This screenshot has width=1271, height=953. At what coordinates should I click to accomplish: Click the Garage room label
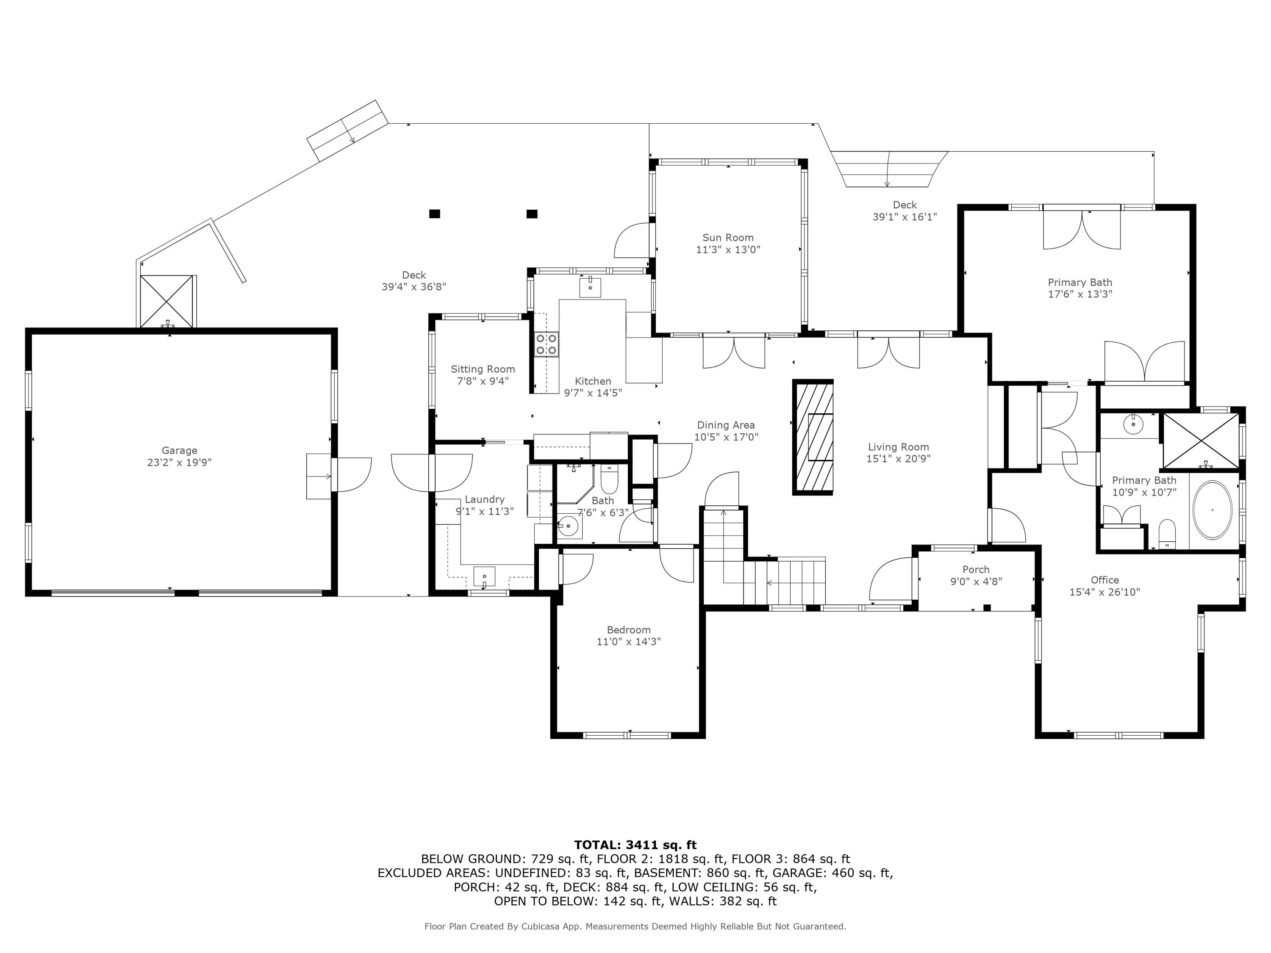(179, 450)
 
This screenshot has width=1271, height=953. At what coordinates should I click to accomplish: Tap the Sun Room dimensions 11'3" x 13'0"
(727, 250)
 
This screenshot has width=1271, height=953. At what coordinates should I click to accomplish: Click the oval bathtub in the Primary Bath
(1213, 510)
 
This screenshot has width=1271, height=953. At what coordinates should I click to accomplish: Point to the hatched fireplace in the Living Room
(813, 437)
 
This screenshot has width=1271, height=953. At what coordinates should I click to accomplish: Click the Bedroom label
(629, 629)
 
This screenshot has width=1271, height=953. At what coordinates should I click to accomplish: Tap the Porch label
(976, 569)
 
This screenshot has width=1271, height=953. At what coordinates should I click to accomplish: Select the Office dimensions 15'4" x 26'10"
(1104, 592)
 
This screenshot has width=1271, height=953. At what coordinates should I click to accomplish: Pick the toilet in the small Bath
(608, 480)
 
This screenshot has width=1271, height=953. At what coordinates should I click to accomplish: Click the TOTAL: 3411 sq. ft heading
(635, 845)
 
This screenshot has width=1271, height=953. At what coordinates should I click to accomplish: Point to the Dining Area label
(726, 425)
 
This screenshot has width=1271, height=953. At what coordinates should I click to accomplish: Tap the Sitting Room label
(483, 369)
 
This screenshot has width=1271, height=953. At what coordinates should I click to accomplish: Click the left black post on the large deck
(434, 214)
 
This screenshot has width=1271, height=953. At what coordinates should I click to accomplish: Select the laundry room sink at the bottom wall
(484, 576)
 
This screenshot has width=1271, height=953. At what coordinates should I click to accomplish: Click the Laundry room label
(484, 499)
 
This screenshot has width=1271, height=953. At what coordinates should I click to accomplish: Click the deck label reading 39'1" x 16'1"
(905, 216)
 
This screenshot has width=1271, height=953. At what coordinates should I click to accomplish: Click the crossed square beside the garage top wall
(167, 301)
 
